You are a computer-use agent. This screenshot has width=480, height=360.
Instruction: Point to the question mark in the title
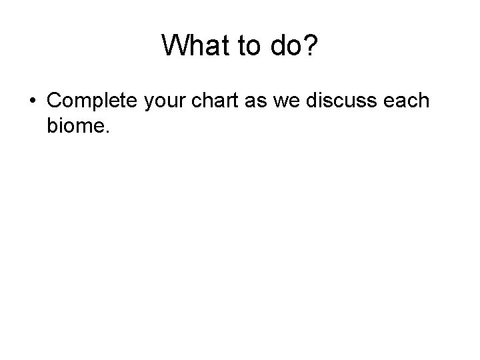(x=312, y=46)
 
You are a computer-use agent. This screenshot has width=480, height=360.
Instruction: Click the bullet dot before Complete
(x=33, y=101)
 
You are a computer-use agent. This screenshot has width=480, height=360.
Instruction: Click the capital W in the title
(x=175, y=46)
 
